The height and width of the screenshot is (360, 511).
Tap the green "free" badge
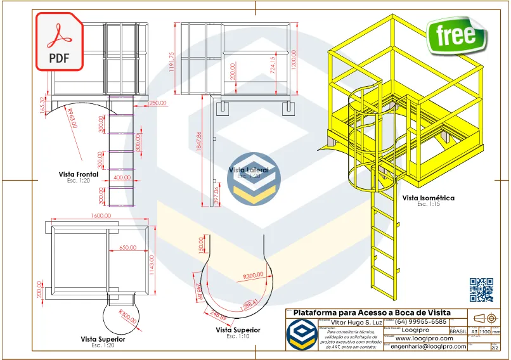coord(455,34)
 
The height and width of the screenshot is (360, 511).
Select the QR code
coord(481,290)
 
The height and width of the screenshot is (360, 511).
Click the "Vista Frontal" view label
coord(79,174)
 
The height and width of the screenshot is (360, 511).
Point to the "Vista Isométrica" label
coord(428,198)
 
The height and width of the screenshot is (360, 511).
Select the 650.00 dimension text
coord(127,248)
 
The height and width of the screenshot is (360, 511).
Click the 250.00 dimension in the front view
coord(157,103)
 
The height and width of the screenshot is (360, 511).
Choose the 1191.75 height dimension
coord(172,63)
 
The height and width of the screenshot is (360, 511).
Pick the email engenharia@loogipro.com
coord(429,347)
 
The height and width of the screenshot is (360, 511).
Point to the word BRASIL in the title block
coord(458,331)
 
